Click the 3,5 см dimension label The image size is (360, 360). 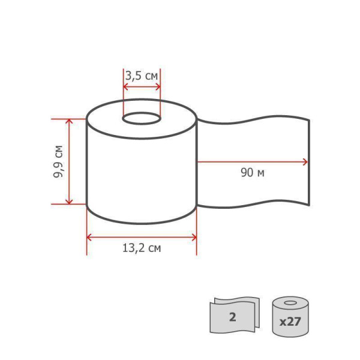[x=142, y=76]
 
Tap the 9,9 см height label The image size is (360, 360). [x=58, y=161]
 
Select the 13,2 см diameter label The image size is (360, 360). [x=142, y=248]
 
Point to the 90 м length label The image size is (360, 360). [x=253, y=173]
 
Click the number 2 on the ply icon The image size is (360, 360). [x=233, y=317]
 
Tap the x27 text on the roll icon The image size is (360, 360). [x=290, y=322]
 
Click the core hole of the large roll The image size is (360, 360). [x=142, y=119]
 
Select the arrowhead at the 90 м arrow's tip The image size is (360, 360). [x=305, y=162]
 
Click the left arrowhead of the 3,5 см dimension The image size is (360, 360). [x=125, y=87]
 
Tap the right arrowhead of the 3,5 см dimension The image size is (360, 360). [x=158, y=87]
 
